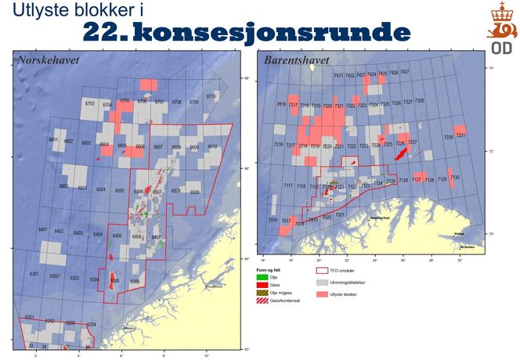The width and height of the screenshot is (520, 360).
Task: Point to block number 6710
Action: click(x=211, y=96)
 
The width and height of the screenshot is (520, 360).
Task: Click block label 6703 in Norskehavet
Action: click(x=89, y=103)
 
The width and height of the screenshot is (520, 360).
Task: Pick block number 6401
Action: click(x=43, y=231)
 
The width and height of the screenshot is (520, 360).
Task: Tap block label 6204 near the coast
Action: click(x=91, y=324)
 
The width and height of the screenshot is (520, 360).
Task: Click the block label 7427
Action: click(x=405, y=73)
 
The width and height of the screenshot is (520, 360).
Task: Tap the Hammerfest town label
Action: click(x=379, y=218)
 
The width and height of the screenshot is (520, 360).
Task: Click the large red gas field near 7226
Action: click(x=402, y=146)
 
